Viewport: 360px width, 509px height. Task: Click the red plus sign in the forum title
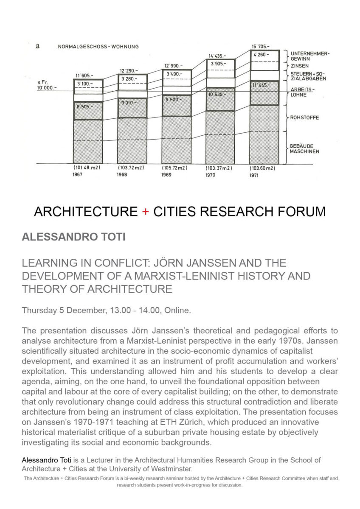pyautogui.click(x=146, y=211)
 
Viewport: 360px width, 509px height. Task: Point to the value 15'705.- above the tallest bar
pyautogui.click(x=261, y=46)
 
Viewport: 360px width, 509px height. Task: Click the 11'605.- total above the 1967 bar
pyautogui.click(x=84, y=76)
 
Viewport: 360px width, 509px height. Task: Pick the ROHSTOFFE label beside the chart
pyautogui.click(x=304, y=117)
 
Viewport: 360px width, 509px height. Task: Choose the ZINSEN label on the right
pyautogui.click(x=300, y=66)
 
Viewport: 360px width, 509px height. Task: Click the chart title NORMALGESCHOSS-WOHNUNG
pyautogui.click(x=98, y=47)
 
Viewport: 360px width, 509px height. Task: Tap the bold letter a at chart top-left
pyautogui.click(x=38, y=46)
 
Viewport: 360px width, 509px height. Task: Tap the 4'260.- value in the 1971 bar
pyautogui.click(x=261, y=55)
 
